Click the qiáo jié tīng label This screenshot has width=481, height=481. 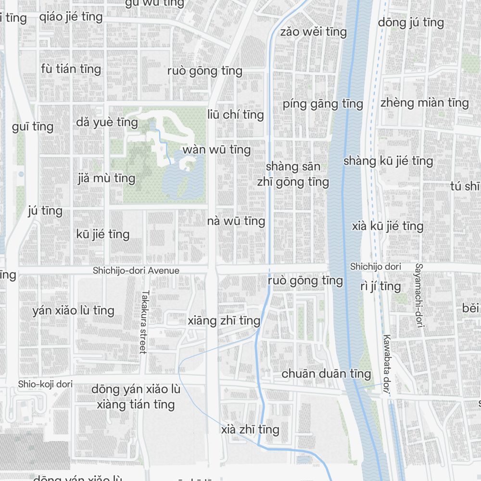pyautogui.click(x=71, y=17)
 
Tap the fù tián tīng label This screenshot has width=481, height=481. pyautogui.click(x=71, y=69)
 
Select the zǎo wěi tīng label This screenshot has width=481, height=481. pyautogui.click(x=313, y=32)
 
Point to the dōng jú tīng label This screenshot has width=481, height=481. pyautogui.click(x=411, y=22)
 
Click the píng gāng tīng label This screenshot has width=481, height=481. pyautogui.click(x=322, y=104)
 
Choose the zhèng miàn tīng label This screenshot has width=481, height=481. pyautogui.click(x=424, y=102)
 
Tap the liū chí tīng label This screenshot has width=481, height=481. pyautogui.click(x=236, y=114)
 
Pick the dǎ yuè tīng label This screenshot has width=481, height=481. pyautogui.click(x=107, y=122)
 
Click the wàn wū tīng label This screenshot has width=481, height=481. pyautogui.click(x=216, y=150)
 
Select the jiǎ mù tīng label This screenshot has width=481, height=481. pyautogui.click(x=106, y=178)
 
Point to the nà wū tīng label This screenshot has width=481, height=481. pyautogui.click(x=236, y=221)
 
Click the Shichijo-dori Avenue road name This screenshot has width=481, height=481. pyautogui.click(x=136, y=271)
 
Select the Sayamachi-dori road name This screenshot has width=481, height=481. pyautogui.click(x=419, y=296)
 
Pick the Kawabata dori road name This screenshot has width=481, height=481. pyautogui.click(x=386, y=364)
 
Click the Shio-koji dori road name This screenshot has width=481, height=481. pyautogui.click(x=45, y=384)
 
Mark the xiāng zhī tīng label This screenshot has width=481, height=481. pyautogui.click(x=224, y=321)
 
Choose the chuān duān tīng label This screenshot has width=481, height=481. pyautogui.click(x=326, y=374)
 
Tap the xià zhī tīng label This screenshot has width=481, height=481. pyautogui.click(x=250, y=430)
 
